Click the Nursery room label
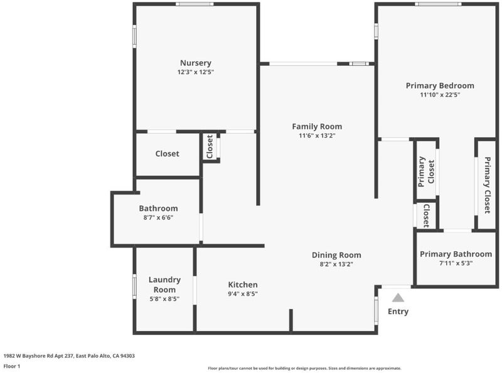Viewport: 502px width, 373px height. (x=196, y=63)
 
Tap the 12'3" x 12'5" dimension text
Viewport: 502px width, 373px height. (x=196, y=72)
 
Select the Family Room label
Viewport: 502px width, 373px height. (x=317, y=127)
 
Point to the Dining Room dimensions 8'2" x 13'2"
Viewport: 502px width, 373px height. (x=336, y=264)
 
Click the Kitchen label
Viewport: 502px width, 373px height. (x=243, y=284)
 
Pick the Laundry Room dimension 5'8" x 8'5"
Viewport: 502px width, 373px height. (x=164, y=299)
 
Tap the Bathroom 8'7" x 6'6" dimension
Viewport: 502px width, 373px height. (x=158, y=217)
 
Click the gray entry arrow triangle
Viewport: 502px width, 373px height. (x=398, y=298)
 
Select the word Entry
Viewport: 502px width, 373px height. (x=398, y=311)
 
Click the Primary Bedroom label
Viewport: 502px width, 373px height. (x=440, y=85)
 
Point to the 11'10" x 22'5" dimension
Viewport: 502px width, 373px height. (x=440, y=95)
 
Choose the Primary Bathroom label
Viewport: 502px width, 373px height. (x=456, y=254)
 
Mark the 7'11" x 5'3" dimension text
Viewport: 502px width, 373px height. (x=456, y=263)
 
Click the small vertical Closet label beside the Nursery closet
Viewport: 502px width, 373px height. (x=210, y=147)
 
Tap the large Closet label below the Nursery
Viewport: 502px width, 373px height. (x=167, y=154)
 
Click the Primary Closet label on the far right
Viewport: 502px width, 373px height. (x=487, y=185)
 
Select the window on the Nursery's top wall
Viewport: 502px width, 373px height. (x=195, y=4)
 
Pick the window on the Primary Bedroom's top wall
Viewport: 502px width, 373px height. (x=438, y=4)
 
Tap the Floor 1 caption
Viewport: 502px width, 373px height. (x=12, y=366)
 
